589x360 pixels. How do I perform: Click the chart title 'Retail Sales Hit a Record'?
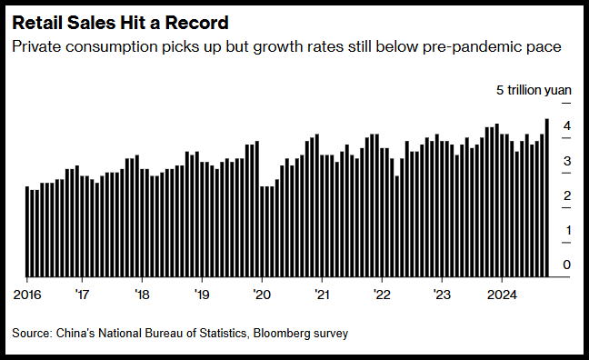point(120,23)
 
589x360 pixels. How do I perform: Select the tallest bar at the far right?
point(546,197)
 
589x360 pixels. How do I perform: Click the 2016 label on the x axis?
point(27,295)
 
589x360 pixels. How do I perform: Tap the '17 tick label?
point(82,295)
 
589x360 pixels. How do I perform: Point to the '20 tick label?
point(262,295)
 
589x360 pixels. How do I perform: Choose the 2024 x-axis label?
point(502,295)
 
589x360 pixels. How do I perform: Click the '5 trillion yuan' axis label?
point(534,90)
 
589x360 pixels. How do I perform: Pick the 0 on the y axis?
point(567,265)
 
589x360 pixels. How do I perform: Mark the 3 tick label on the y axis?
point(567,161)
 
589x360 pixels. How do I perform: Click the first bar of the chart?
point(27,232)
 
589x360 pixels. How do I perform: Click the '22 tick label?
point(382,295)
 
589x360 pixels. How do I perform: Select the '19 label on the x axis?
point(202,295)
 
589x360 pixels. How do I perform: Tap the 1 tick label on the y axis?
point(568,230)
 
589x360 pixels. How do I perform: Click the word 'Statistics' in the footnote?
point(223,334)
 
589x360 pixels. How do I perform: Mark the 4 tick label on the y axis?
point(567,125)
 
